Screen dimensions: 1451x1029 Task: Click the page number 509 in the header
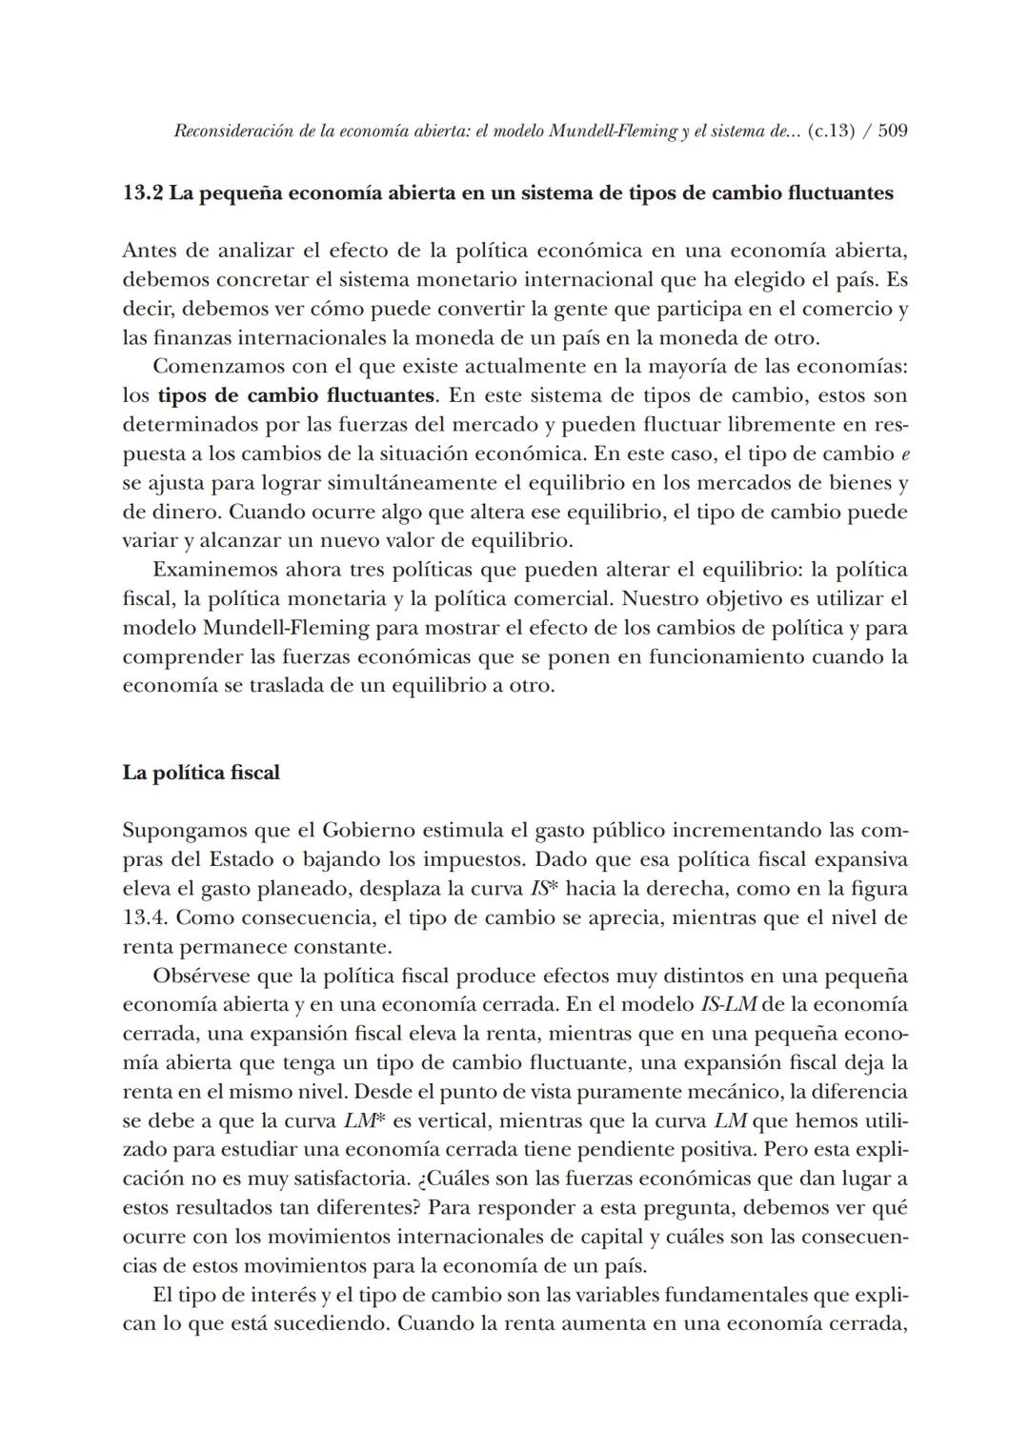892,131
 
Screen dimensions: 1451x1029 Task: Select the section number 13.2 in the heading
143,193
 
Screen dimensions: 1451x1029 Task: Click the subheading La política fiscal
201,773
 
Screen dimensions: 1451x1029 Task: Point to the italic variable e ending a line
903,453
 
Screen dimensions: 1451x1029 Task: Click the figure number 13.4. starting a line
146,918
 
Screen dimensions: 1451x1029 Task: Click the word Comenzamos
216,367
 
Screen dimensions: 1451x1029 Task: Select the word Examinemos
214,570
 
